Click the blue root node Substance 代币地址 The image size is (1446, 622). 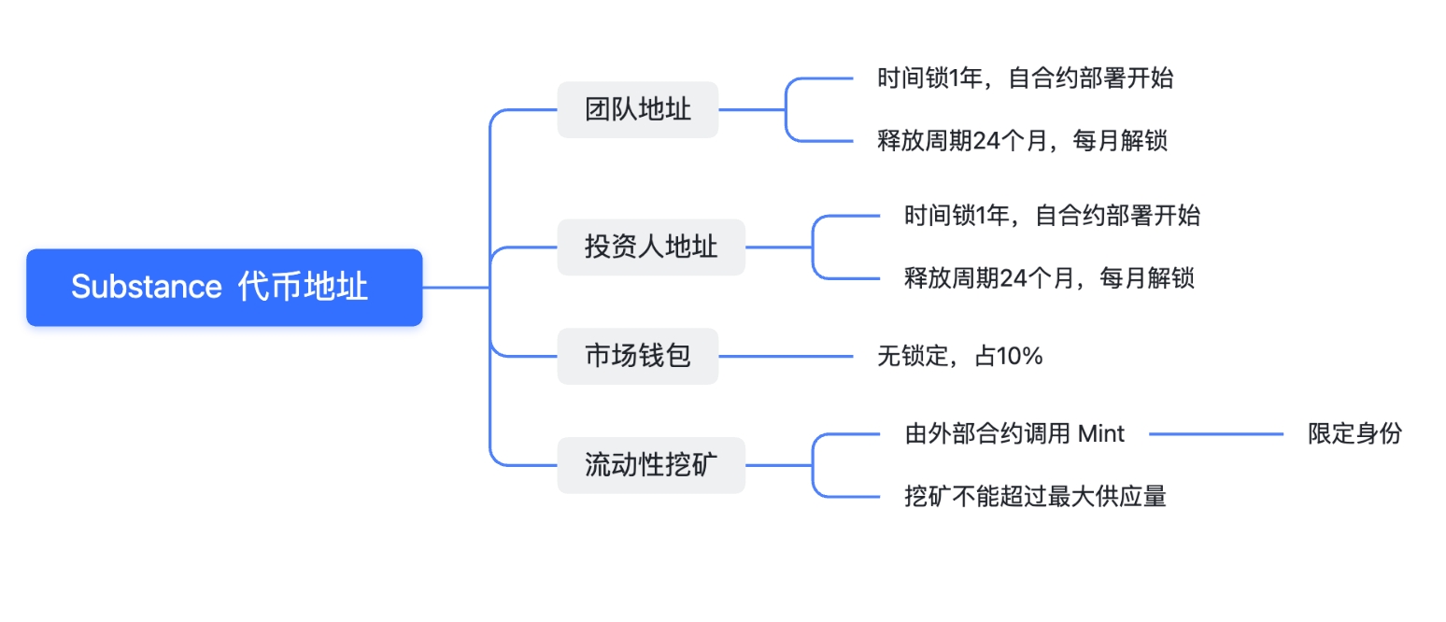[x=224, y=288]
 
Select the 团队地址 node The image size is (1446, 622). [x=638, y=110]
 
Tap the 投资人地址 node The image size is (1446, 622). [x=651, y=247]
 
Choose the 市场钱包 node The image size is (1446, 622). [x=638, y=356]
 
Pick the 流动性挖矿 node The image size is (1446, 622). [x=651, y=465]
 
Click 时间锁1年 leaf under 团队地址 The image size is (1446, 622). [x=1025, y=78]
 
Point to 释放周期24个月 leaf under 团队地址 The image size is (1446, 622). [x=1022, y=141]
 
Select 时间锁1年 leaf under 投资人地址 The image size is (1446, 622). [x=1052, y=216]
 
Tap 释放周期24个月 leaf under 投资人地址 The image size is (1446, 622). [x=1049, y=278]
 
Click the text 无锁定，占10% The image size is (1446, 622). [x=959, y=356]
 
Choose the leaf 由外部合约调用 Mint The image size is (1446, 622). [x=1014, y=434]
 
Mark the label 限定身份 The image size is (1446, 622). [x=1354, y=434]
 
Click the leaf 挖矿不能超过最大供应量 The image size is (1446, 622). [x=1035, y=496]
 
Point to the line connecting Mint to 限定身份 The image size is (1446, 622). [x=1216, y=434]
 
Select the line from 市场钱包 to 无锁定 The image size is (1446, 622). [x=785, y=356]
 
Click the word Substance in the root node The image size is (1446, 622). [x=146, y=288]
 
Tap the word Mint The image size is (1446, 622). [x=1101, y=434]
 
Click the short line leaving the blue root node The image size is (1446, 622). [x=456, y=288]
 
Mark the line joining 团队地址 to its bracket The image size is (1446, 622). [x=751, y=110]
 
